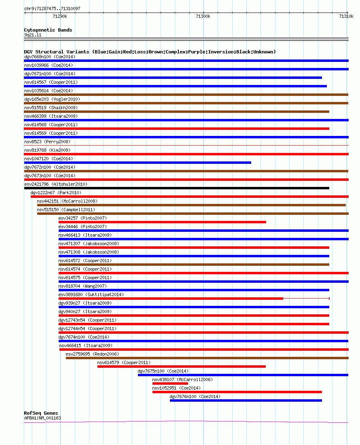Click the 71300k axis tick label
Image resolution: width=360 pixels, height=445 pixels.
pos(203,16)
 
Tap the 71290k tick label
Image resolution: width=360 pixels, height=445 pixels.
pos(60,16)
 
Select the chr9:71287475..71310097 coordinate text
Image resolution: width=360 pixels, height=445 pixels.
pos(52,8)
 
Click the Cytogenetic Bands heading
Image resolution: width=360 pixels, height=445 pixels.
pos(48,30)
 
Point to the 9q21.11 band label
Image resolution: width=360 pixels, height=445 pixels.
pos(33,35)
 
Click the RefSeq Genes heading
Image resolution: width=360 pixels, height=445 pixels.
pos(41,413)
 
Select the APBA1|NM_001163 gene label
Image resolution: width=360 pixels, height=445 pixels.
pos(42,418)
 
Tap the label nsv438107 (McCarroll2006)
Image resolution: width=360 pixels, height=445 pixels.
pos(182,379)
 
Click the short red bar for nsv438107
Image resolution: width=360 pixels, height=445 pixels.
pos(170,384)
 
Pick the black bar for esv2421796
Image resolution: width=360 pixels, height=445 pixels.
pos(177,188)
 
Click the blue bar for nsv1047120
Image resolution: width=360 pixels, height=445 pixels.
pos(138,163)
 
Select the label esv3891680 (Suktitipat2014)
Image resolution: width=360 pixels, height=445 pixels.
pos(91,295)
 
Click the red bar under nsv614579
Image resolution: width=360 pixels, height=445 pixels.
pos(182,367)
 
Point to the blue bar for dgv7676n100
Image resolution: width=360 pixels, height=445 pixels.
pos(246,400)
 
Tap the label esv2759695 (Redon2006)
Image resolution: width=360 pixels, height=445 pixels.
pos(92,354)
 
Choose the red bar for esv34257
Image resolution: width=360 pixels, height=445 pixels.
pos(162,222)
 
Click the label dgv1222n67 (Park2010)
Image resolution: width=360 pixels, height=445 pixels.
pos(56,193)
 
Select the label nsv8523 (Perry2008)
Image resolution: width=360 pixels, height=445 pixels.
pos(47,142)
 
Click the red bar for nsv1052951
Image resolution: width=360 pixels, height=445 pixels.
pos(237,392)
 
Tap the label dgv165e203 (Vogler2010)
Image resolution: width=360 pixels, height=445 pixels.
pos(52,99)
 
